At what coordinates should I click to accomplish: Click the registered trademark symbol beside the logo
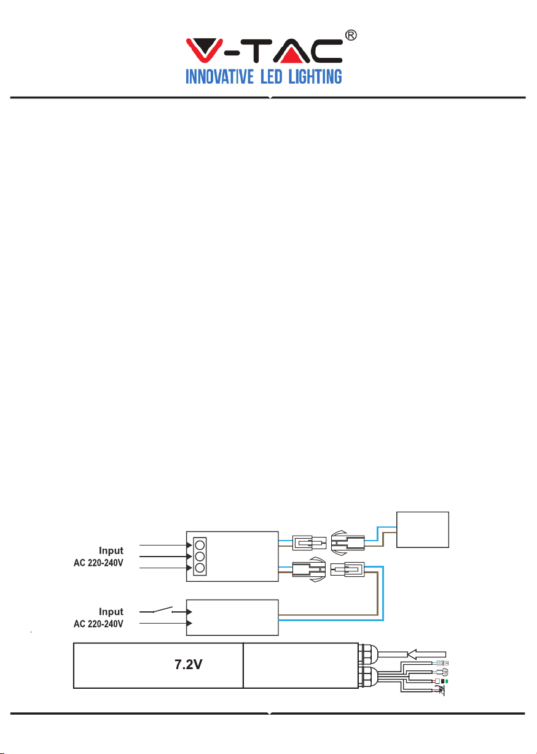point(351,35)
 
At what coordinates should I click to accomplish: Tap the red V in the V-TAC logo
point(205,50)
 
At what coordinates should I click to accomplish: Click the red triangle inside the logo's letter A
point(290,55)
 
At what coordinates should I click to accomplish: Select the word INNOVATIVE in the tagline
point(219,77)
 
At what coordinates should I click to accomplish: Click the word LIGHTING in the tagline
point(315,77)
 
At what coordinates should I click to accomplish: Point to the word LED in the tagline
point(271,77)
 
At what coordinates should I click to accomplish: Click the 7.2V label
point(188,664)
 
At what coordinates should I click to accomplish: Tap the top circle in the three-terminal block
point(200,545)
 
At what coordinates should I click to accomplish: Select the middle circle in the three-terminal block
point(200,557)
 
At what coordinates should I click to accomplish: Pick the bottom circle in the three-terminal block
point(200,568)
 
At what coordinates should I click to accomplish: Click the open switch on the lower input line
point(163,609)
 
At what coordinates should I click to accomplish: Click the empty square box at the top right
point(422,530)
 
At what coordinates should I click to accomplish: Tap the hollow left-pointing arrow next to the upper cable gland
point(426,654)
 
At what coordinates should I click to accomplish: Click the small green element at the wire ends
point(446,681)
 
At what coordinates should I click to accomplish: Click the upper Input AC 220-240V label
point(98,557)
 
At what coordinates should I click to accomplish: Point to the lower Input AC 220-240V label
point(98,617)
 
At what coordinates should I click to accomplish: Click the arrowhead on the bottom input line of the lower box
point(189,624)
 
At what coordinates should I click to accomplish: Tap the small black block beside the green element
point(442,681)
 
